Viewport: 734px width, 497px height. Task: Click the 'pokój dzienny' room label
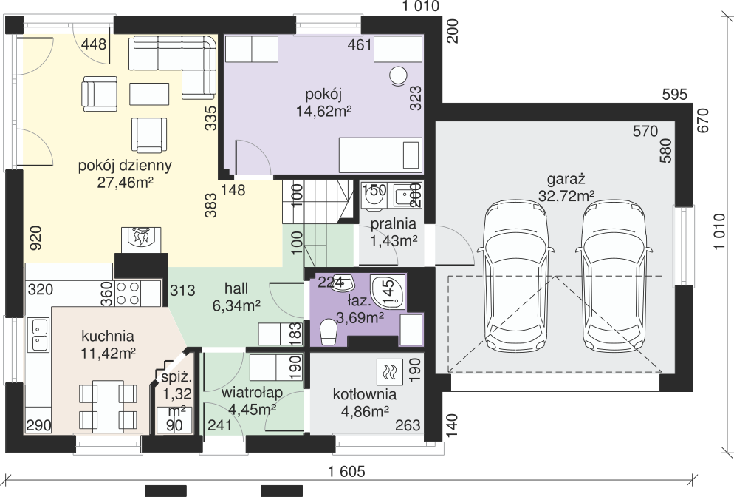[x=125, y=166]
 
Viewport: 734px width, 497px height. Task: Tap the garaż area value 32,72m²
[x=566, y=195]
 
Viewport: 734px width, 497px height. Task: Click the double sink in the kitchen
[x=38, y=334]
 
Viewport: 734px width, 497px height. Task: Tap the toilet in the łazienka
[x=328, y=332]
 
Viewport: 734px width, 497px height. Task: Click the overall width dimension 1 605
[x=346, y=472]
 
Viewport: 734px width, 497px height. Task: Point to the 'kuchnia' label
[x=108, y=337]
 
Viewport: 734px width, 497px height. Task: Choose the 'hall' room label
[x=236, y=288]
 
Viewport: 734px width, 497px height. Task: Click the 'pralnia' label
[x=394, y=224]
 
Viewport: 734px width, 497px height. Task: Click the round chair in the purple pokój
[x=398, y=76]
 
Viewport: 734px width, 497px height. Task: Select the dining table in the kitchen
[x=108, y=407]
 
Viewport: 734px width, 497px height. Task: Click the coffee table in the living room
[x=149, y=94]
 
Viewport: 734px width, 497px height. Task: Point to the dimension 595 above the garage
[x=675, y=95]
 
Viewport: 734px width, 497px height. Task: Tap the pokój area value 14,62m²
[x=323, y=112]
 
